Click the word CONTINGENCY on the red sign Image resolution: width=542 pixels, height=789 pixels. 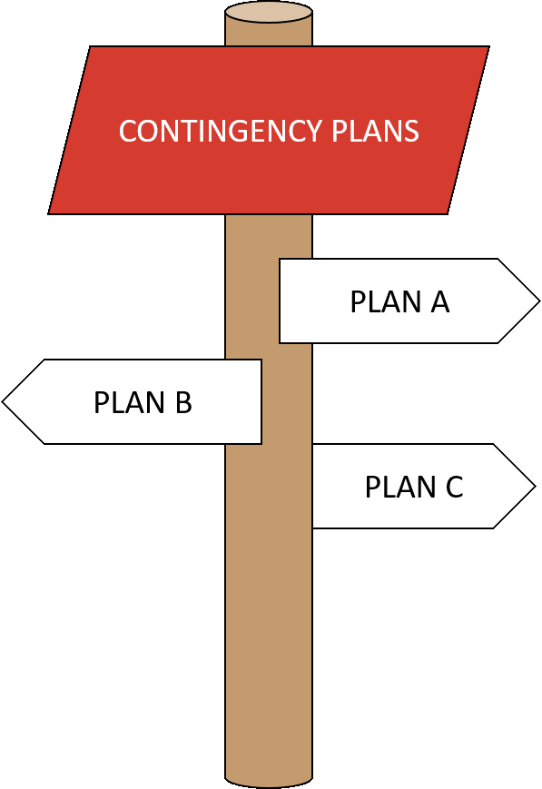point(221,131)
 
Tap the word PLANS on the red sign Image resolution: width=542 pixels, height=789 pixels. point(376,131)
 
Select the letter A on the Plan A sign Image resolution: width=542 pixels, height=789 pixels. point(439,302)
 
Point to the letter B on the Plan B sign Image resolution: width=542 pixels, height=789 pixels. point(183,402)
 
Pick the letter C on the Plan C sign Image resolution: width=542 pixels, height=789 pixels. point(455,487)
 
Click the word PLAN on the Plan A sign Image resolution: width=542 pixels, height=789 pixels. point(386,302)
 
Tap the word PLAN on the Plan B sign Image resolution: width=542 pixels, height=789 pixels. point(129,402)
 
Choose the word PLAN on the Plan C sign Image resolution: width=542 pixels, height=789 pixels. point(400,487)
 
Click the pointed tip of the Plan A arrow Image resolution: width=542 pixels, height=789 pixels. point(539,301)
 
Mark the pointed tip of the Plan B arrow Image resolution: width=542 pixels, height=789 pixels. point(3,401)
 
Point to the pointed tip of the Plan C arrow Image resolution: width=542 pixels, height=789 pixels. point(536,486)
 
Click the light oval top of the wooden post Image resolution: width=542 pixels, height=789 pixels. point(269,12)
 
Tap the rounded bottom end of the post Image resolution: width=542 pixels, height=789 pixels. point(269,783)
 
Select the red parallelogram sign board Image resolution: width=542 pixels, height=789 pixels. point(269,131)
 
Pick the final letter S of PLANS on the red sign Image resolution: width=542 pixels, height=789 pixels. point(411,131)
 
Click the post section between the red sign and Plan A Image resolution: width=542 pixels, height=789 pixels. point(269,236)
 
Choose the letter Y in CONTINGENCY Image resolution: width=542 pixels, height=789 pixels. point(312,131)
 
